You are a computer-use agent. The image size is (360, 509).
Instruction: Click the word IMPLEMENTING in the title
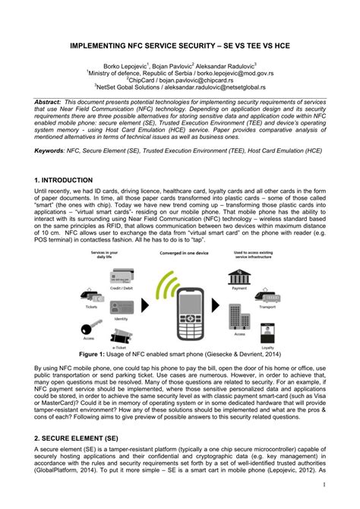click(x=100, y=46)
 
